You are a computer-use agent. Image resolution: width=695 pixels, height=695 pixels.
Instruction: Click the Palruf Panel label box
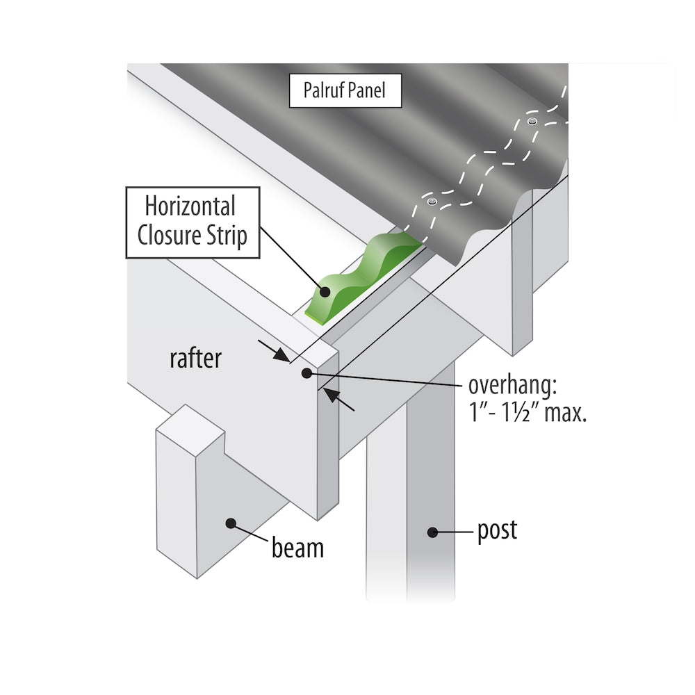(345, 90)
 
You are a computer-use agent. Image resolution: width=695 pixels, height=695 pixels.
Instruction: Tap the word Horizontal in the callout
(190, 206)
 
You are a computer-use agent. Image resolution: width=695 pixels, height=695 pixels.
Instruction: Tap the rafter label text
(195, 358)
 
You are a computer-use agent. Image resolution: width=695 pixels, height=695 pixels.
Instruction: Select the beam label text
(297, 548)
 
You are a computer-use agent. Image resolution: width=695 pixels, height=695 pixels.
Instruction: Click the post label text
(497, 531)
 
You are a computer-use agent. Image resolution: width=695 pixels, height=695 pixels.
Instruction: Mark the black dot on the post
(432, 532)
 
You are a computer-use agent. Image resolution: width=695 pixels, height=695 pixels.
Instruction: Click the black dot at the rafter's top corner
(306, 374)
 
